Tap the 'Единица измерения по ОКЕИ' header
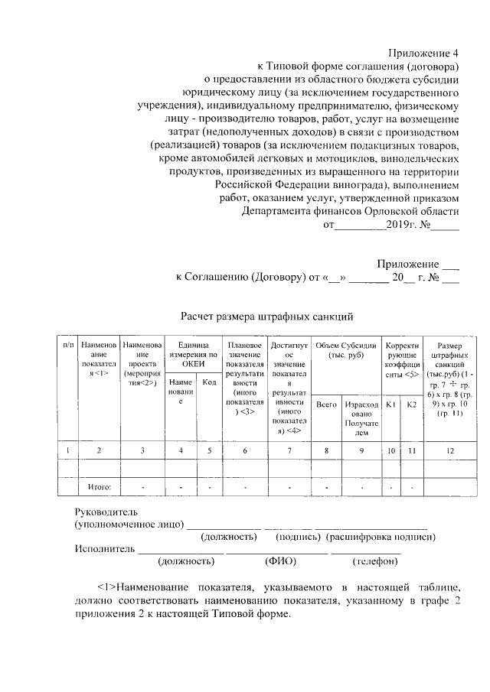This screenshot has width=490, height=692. tap(192, 350)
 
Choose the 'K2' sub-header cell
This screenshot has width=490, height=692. tap(411, 404)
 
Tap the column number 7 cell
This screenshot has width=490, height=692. tap(289, 450)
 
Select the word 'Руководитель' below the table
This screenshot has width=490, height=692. tap(106, 512)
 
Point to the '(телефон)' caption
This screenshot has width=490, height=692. tap(374, 561)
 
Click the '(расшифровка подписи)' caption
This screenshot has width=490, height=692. tap(381, 537)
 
